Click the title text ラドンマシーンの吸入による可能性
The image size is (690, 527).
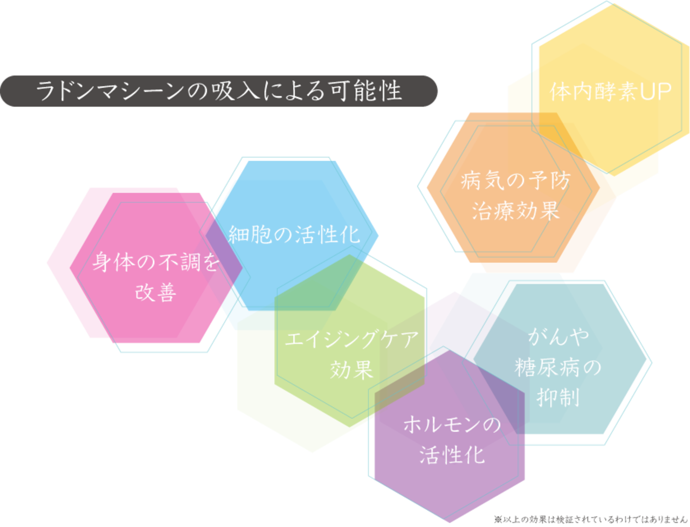(219, 91)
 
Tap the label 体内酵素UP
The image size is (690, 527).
(611, 92)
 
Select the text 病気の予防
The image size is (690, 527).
(515, 181)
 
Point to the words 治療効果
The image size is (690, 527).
(515, 211)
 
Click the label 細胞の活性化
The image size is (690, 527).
(294, 235)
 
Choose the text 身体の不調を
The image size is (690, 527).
(156, 262)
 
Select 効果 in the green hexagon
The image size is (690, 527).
(351, 370)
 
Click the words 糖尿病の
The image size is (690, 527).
(558, 367)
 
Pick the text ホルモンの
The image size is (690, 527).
(452, 425)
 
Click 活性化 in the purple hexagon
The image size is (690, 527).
(452, 455)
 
